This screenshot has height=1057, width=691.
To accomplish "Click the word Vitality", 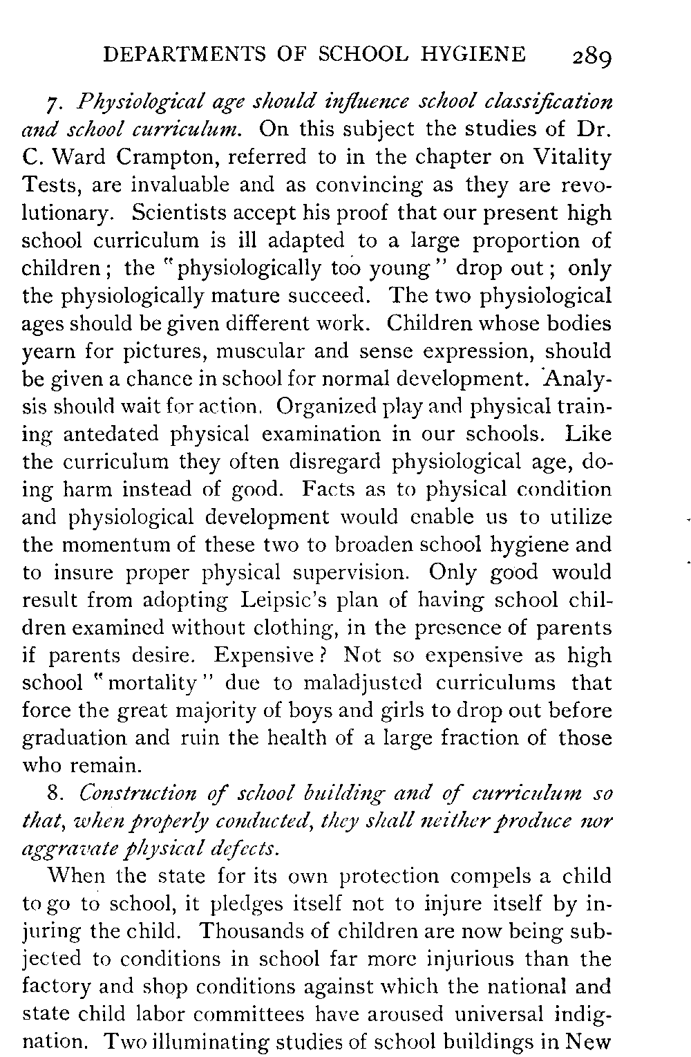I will tap(572, 158).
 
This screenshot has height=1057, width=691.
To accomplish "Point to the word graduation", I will tap(75, 738).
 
